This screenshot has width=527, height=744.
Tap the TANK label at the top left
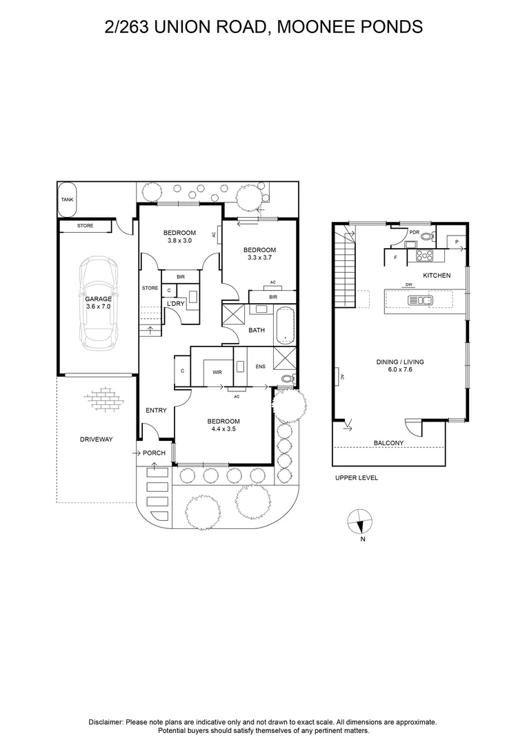tap(67, 200)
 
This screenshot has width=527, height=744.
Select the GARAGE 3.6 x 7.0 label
tap(98, 303)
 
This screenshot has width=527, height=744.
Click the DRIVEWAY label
tap(96, 439)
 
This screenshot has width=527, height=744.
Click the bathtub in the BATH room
tap(285, 325)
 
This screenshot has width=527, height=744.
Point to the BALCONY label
tap(388, 443)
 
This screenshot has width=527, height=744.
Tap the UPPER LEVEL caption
tap(356, 477)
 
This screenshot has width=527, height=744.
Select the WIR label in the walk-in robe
tap(217, 372)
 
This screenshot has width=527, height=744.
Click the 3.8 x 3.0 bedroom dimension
tap(179, 240)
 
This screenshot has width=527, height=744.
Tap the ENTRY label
tap(156, 411)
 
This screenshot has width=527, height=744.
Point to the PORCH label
tap(154, 453)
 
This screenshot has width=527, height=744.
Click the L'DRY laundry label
tap(175, 303)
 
